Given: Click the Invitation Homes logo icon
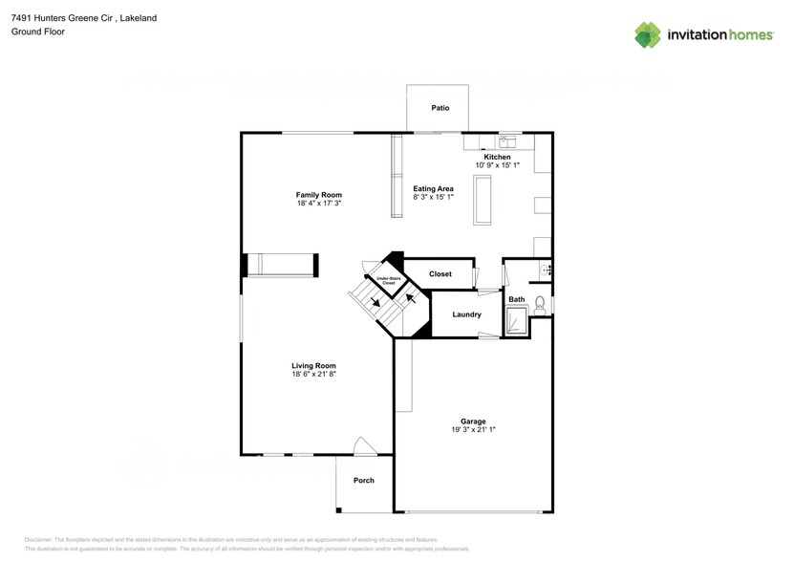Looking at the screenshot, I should (x=649, y=34).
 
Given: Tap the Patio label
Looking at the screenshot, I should (x=440, y=108).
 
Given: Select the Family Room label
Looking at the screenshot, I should (x=318, y=195).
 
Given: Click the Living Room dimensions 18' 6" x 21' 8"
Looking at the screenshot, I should (x=313, y=375).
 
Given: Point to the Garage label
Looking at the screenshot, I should (x=473, y=421).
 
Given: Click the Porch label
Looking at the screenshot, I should (x=363, y=480).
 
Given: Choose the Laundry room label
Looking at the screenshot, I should (x=466, y=314).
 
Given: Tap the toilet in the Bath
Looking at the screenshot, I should (x=540, y=306).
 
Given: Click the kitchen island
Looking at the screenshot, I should (x=483, y=201).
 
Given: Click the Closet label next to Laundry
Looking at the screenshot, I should (x=440, y=274).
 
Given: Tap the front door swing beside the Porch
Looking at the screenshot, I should (x=364, y=446).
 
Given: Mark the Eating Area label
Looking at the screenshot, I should (x=433, y=189).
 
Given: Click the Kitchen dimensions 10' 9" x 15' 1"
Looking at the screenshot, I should (x=497, y=165).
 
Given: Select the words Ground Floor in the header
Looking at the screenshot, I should (x=37, y=32).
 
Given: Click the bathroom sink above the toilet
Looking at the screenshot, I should (x=546, y=270).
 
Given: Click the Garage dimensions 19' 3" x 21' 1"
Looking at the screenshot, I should (x=473, y=430).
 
